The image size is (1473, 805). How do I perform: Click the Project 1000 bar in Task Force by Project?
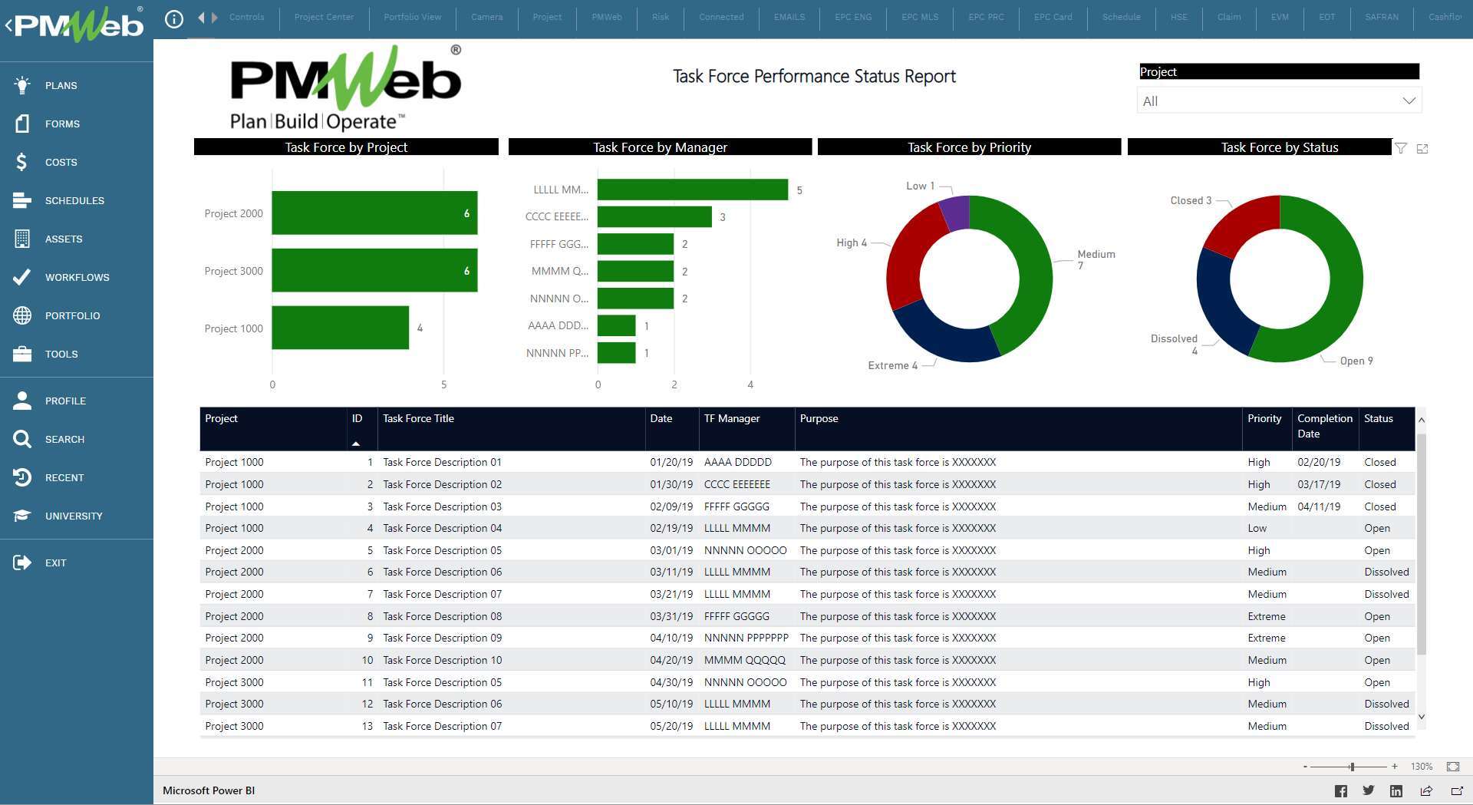(340, 328)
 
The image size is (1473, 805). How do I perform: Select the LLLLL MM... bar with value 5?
(692, 190)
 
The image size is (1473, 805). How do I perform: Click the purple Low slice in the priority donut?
(955, 213)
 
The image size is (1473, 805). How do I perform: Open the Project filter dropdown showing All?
(1278, 101)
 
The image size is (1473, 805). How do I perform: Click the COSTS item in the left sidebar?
(61, 162)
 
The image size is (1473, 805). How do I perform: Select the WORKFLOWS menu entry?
(77, 277)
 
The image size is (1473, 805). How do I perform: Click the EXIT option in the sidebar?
(55, 563)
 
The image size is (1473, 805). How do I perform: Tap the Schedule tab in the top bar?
(1121, 17)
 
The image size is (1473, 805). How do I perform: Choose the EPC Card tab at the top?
(1053, 17)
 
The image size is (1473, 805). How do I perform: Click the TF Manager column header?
(732, 419)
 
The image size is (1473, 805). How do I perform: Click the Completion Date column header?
(1324, 426)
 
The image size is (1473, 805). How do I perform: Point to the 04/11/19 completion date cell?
(1319, 506)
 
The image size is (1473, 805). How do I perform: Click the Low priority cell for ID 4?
(1257, 528)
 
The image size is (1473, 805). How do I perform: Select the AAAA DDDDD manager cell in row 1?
(737, 462)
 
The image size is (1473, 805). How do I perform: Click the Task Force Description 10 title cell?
(442, 660)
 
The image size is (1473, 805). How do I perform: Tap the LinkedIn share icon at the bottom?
(1396, 791)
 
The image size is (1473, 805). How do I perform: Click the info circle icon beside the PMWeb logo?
(174, 18)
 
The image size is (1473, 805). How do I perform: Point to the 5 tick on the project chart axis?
(443, 384)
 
